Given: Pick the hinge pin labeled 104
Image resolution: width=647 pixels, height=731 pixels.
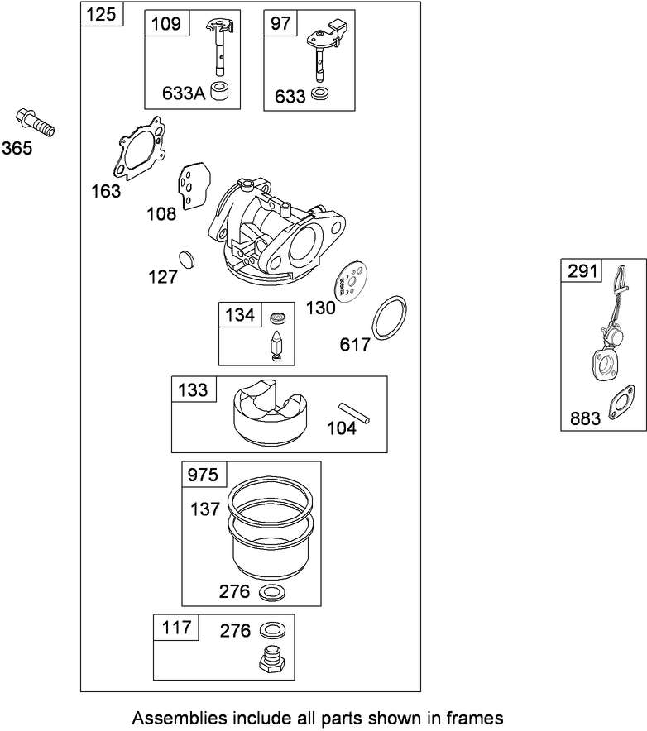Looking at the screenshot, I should coord(352,412).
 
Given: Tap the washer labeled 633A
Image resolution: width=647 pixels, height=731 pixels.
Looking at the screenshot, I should coord(220,91).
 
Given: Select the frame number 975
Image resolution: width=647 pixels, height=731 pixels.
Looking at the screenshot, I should coord(204,475).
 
